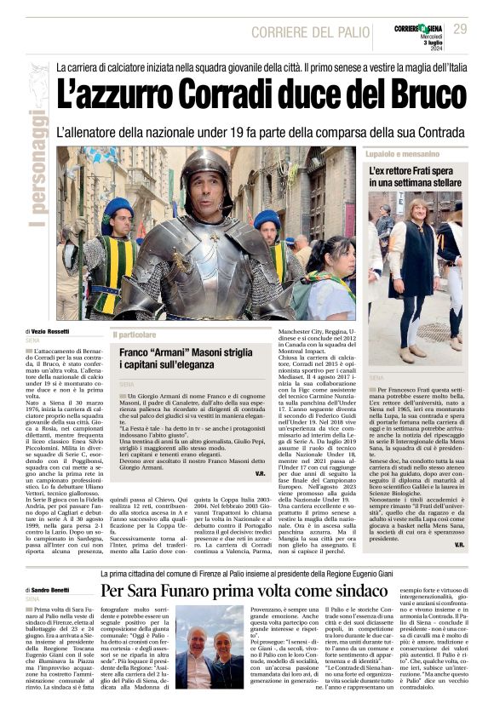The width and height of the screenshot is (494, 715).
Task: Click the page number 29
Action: [460, 29]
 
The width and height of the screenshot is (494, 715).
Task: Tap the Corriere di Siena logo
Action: [419, 29]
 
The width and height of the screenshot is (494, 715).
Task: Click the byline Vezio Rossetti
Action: [50, 331]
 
